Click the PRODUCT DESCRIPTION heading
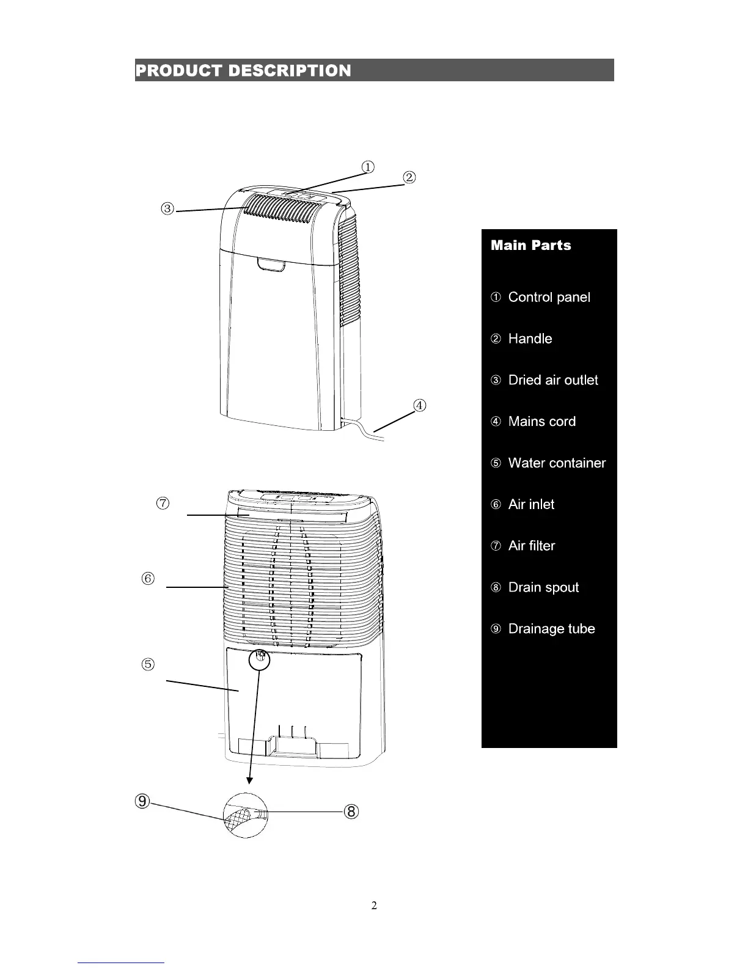click(243, 71)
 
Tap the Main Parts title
click(530, 246)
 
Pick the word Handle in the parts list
click(530, 339)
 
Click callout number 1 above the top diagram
click(367, 167)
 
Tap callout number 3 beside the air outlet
click(168, 209)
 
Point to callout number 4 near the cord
click(419, 405)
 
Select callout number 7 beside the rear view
click(163, 504)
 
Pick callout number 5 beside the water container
click(148, 664)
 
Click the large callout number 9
click(142, 801)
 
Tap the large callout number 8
click(351, 812)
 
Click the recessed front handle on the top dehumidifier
click(272, 265)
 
